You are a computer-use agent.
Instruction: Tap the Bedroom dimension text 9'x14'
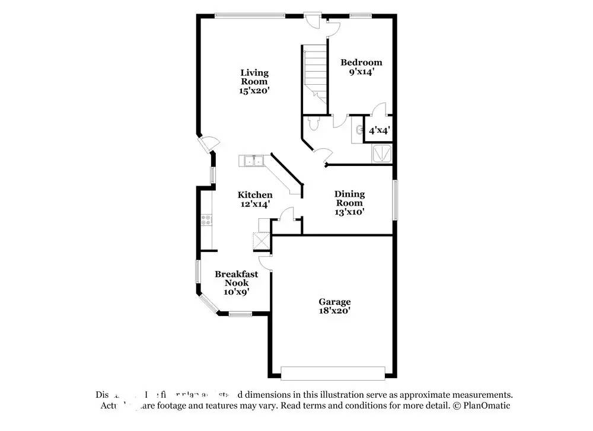click(x=361, y=72)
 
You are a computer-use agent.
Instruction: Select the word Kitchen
click(x=255, y=194)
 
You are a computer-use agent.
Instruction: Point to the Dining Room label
click(x=349, y=198)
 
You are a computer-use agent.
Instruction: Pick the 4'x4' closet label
click(x=379, y=131)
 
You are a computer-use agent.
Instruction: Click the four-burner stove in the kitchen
click(x=207, y=221)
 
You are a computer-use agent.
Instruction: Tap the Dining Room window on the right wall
click(x=394, y=200)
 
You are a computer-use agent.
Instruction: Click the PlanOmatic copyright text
click(x=481, y=406)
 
